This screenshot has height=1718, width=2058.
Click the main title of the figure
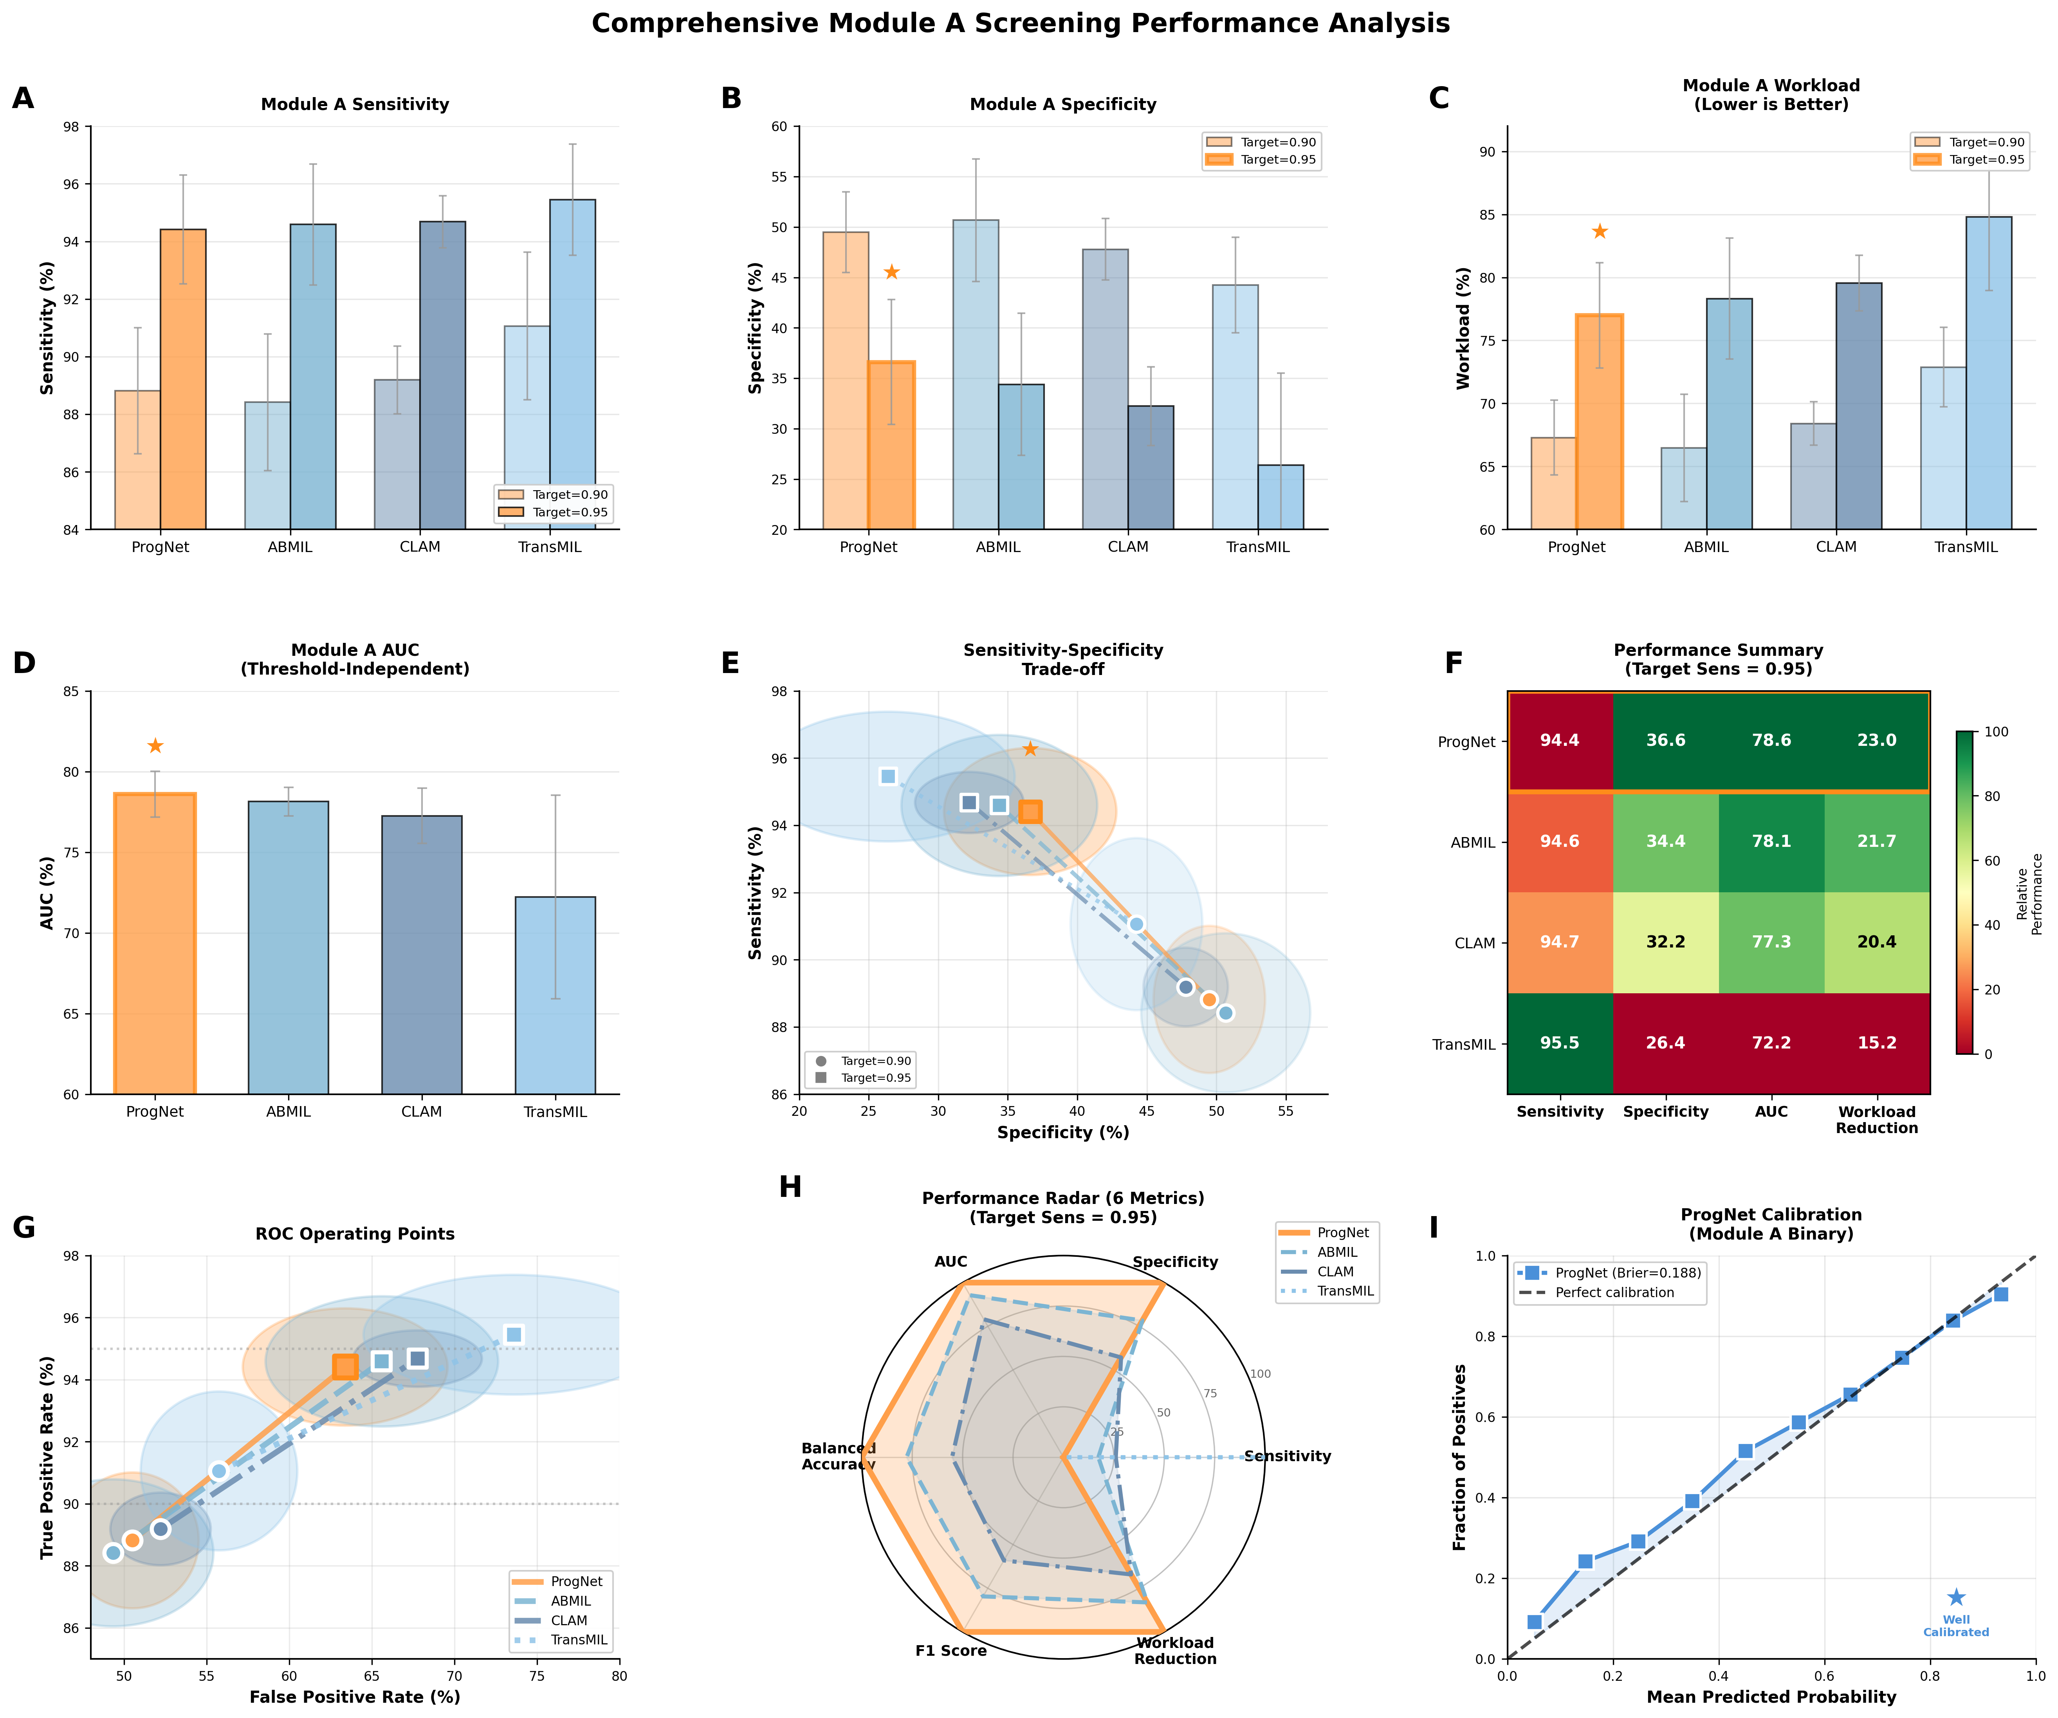click(1020, 23)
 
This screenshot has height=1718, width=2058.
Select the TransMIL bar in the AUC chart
click(555, 995)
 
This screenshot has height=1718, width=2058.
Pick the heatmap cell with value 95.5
click(1559, 1043)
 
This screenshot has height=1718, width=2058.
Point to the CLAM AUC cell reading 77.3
click(1771, 942)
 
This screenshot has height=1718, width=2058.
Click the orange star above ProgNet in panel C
click(1599, 231)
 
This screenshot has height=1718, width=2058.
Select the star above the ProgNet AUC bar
click(155, 746)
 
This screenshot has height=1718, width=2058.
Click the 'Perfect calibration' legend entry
click(1614, 1293)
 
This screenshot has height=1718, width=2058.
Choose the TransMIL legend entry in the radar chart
click(1345, 1291)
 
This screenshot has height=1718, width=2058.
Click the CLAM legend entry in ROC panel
click(568, 1620)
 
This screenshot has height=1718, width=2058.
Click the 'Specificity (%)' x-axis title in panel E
click(1063, 1132)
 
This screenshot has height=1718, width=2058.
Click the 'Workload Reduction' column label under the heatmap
click(1877, 1119)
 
